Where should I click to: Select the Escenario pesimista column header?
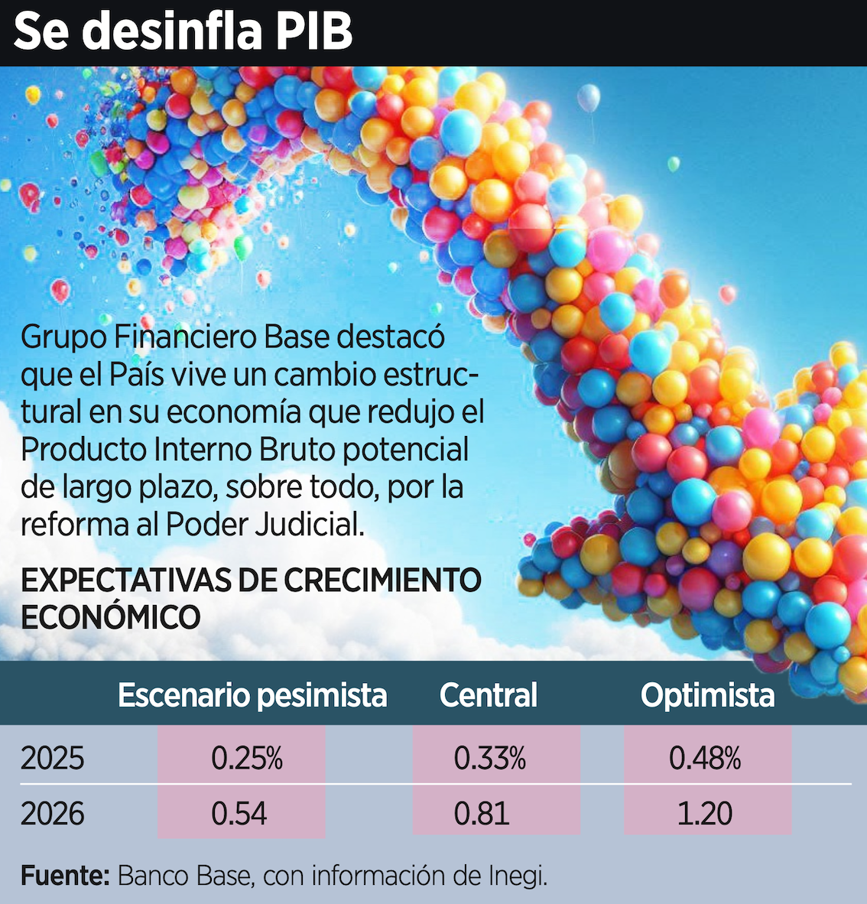click(x=252, y=695)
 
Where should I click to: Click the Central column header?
click(x=488, y=695)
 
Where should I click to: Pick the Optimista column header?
click(x=707, y=695)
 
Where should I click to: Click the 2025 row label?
click(x=52, y=758)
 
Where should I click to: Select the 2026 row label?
click(x=52, y=813)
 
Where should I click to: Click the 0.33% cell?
click(x=490, y=758)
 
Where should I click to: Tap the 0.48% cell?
click(x=705, y=758)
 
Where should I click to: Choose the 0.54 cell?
click(x=239, y=813)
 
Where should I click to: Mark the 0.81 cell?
click(x=482, y=813)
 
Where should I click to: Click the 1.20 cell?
click(x=705, y=813)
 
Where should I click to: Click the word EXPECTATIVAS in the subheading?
click(x=125, y=580)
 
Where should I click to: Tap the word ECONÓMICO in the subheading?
click(x=110, y=617)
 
